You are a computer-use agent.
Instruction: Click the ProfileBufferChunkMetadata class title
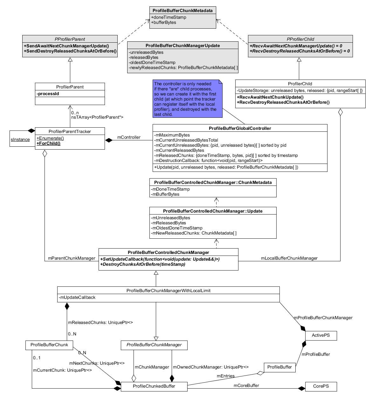183,11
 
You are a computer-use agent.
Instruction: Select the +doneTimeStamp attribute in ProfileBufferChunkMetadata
169,18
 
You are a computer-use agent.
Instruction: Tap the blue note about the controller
187,99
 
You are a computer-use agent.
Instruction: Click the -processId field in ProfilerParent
48,94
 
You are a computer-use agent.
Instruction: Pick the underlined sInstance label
20,140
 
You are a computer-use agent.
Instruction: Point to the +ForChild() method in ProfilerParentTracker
49,144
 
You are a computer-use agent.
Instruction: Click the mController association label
129,137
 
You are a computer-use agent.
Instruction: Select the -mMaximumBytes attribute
172,135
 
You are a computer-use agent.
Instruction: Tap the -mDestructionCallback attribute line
208,161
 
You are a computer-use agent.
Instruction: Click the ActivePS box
321,335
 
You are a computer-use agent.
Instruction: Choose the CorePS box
321,386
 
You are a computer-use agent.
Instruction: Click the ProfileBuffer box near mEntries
279,367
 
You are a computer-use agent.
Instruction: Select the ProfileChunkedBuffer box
154,386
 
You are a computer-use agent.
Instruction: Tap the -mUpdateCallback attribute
77,298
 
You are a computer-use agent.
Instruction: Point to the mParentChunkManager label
72,258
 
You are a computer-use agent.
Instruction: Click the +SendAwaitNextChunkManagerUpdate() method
66,46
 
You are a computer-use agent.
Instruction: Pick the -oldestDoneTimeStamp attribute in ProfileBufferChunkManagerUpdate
152,63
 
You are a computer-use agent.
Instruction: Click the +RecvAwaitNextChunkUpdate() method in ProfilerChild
270,97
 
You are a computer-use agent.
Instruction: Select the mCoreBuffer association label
246,386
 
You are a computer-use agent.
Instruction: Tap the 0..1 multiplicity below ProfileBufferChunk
37,358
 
